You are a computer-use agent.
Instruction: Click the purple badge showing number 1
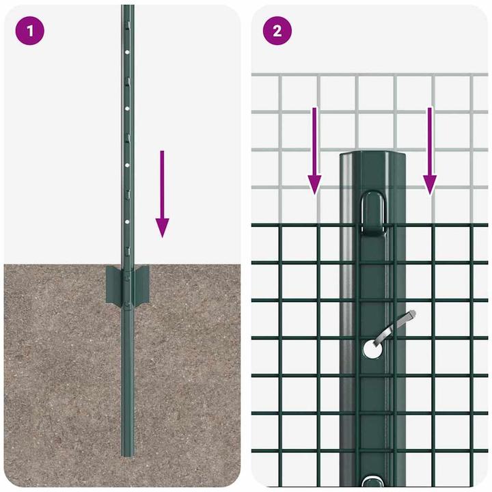29,31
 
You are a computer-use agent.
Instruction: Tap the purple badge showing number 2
277,31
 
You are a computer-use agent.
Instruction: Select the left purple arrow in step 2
314,150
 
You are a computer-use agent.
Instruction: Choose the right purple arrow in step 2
429,150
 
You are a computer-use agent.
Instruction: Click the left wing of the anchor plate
113,286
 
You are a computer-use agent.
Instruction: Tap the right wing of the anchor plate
141,285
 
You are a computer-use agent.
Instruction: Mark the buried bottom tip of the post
128,453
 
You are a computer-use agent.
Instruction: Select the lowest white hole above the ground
127,221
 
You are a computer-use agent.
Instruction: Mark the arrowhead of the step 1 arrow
162,228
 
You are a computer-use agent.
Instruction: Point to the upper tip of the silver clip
412,314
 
